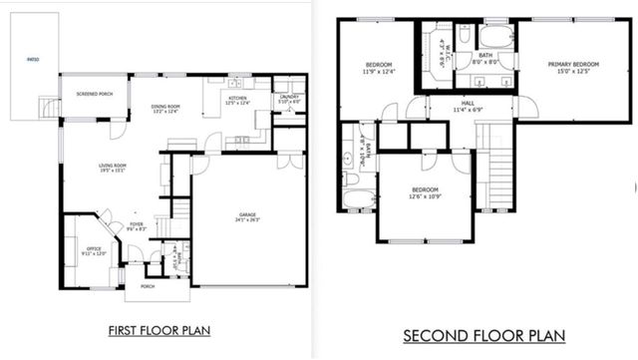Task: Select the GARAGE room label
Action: [247, 215]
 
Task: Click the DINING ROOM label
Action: [165, 107]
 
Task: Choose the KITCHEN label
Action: [237, 98]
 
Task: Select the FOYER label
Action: [136, 224]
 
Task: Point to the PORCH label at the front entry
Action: [147, 287]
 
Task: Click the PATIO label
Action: [33, 60]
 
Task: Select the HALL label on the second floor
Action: [466, 104]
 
